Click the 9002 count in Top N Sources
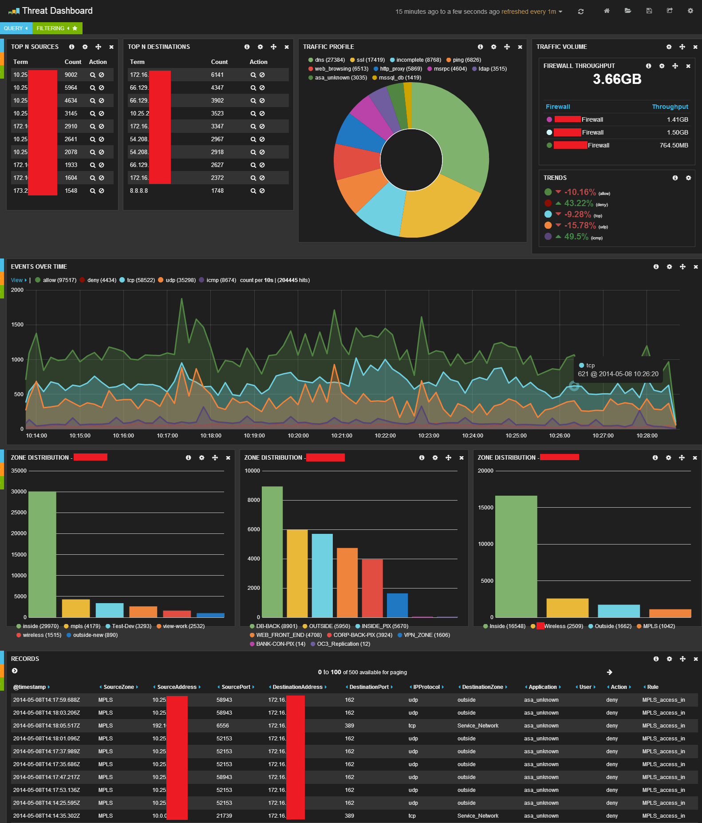click(71, 75)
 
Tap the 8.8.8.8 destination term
click(139, 191)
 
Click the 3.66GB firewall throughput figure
click(617, 80)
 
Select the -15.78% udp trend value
click(580, 226)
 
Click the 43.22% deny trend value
click(579, 203)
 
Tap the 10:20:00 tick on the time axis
click(298, 436)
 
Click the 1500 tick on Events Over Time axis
click(17, 325)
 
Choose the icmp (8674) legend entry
click(221, 280)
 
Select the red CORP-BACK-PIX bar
click(372, 588)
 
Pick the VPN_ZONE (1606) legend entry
click(426, 635)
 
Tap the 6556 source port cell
click(223, 726)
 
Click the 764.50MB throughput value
click(674, 146)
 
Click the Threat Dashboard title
click(57, 11)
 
